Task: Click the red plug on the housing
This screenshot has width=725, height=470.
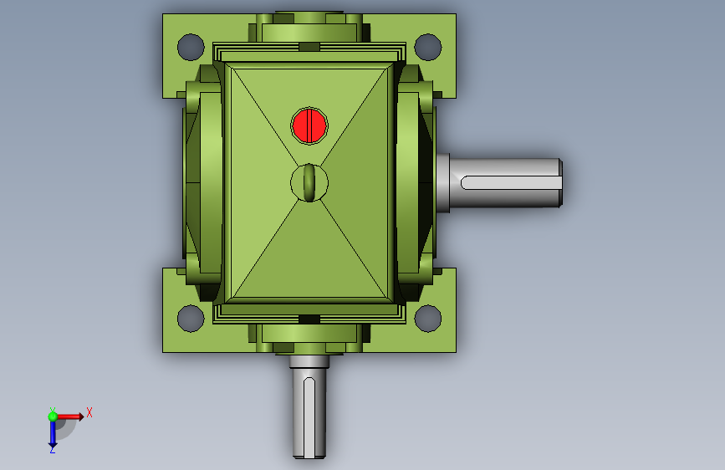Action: [x=309, y=125]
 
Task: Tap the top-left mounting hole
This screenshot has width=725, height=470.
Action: [x=191, y=47]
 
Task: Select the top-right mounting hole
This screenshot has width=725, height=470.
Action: [x=428, y=47]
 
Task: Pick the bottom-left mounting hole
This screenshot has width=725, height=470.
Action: [x=191, y=319]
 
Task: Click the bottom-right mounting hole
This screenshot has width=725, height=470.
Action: [x=428, y=319]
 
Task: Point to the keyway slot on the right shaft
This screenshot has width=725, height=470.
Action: [x=510, y=182]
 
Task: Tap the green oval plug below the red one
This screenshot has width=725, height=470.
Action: [x=309, y=182]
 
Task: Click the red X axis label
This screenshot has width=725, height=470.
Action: [x=89, y=412]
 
